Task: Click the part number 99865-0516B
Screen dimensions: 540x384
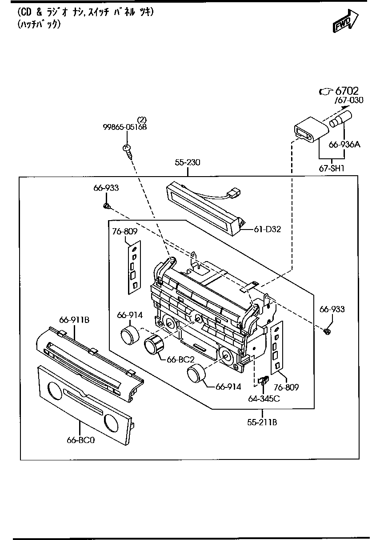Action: pos(124,127)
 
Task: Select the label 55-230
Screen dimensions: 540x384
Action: pos(187,163)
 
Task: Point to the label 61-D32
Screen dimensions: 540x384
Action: pos(268,229)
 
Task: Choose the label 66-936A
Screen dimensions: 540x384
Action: pos(344,145)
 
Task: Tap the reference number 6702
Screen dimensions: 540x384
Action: pos(347,91)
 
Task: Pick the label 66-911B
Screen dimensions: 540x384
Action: pos(74,319)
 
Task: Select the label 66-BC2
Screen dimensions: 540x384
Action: pos(180,359)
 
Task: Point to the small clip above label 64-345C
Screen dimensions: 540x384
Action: pos(263,380)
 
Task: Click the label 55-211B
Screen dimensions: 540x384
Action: pos(262,422)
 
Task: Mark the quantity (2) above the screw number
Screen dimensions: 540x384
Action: pos(141,119)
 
